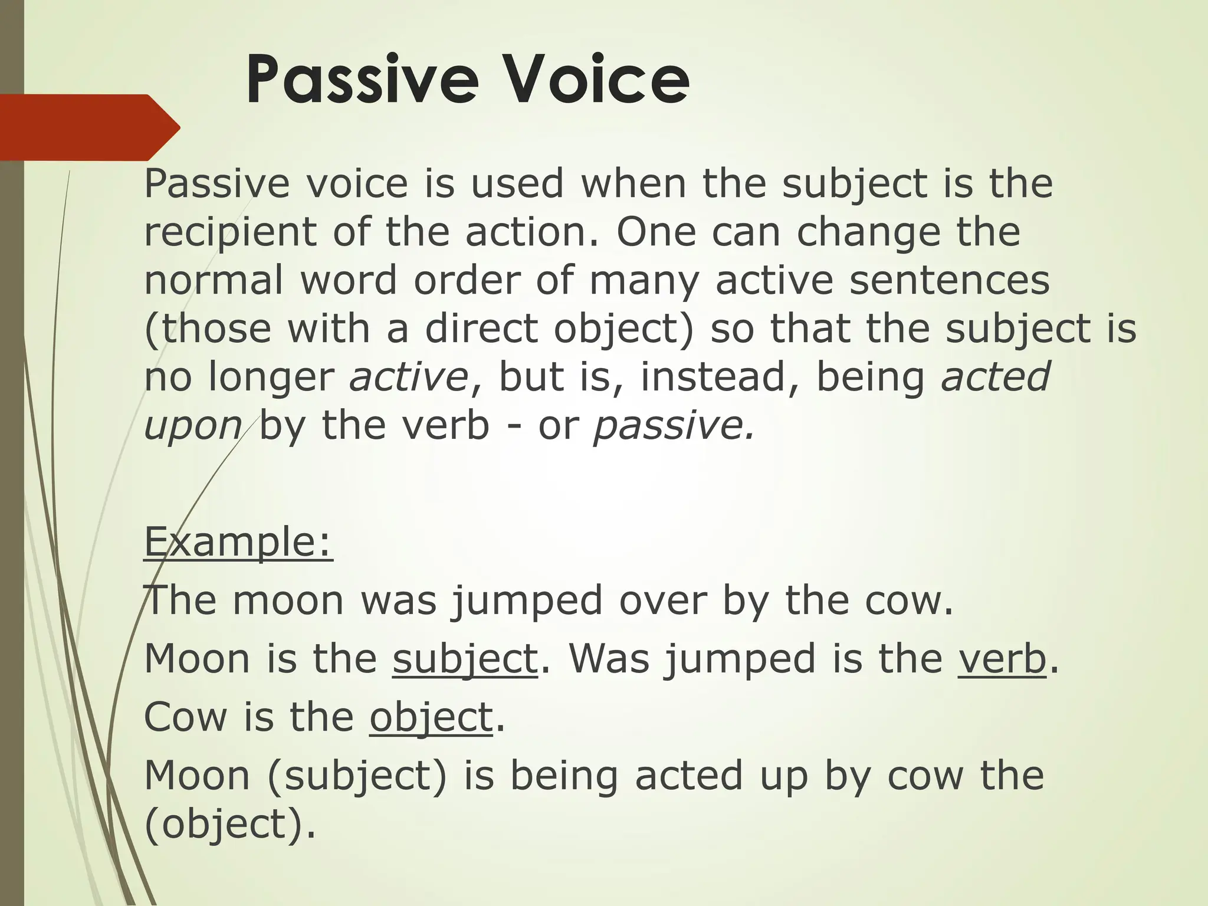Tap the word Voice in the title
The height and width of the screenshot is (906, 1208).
(x=595, y=80)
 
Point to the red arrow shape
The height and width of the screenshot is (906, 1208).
(x=88, y=127)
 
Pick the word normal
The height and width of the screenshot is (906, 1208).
(x=214, y=280)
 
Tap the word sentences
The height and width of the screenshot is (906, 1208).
(x=949, y=280)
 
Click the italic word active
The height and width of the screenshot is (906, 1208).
(x=408, y=376)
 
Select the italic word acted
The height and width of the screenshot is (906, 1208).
(x=995, y=376)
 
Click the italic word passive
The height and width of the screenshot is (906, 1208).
(x=673, y=425)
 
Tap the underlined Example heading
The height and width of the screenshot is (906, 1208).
(x=238, y=541)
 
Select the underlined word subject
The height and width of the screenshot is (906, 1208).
(x=465, y=659)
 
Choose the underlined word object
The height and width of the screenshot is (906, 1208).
(x=431, y=717)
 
